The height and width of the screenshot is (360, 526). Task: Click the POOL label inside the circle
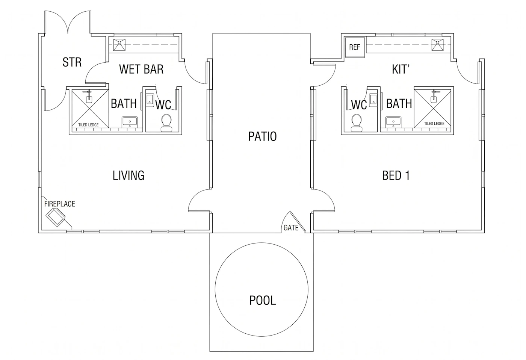(x=263, y=300)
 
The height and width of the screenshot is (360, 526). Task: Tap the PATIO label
(x=262, y=136)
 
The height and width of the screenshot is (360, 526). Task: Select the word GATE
(x=291, y=228)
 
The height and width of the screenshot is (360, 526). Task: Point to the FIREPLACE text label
(x=60, y=204)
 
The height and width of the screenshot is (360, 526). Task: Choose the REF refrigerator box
(x=355, y=47)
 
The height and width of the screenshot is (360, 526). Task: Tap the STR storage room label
(x=72, y=62)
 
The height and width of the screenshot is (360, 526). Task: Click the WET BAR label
(x=141, y=69)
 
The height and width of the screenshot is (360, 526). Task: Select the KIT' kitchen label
(x=401, y=69)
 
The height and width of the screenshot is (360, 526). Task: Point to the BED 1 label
(x=396, y=175)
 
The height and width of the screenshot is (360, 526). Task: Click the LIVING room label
(x=128, y=175)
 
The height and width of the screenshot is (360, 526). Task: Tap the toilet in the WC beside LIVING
(x=166, y=123)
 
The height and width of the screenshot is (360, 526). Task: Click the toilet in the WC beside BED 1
(x=357, y=123)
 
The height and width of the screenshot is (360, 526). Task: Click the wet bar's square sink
(x=119, y=45)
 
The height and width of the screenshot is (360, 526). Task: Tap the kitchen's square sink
(x=437, y=45)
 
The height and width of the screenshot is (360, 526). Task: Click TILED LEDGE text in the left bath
(x=89, y=125)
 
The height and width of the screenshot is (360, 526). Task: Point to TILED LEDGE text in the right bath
(x=434, y=124)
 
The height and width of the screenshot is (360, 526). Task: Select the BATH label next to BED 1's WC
(x=399, y=104)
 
